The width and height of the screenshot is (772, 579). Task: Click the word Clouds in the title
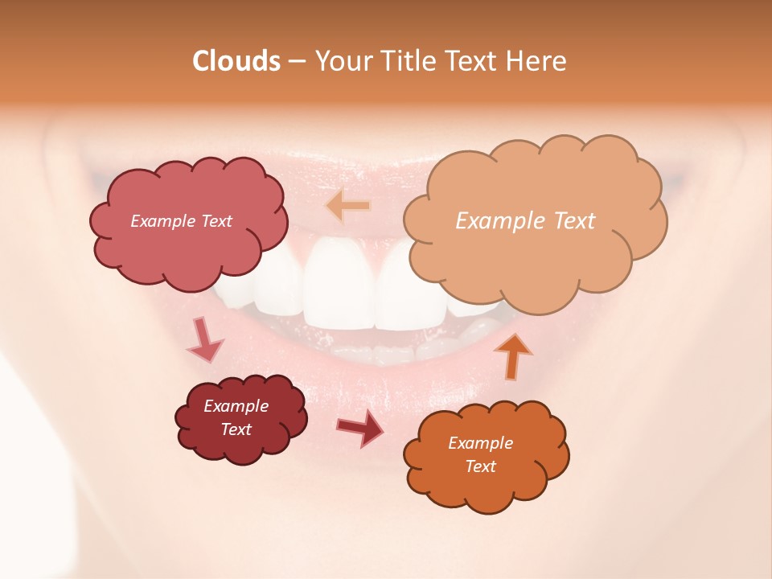coord(236,61)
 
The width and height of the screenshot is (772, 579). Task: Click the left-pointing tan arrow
coord(347,207)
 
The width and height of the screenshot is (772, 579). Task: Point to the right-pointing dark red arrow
coord(360,428)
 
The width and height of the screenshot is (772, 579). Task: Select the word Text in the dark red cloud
coord(236,429)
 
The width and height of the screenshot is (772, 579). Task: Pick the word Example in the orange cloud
coord(480,443)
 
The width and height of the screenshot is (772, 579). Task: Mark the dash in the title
coord(298,62)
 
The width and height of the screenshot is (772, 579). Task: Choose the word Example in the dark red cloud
coord(236,406)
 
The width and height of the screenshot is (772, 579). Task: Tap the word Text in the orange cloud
coord(480,466)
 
